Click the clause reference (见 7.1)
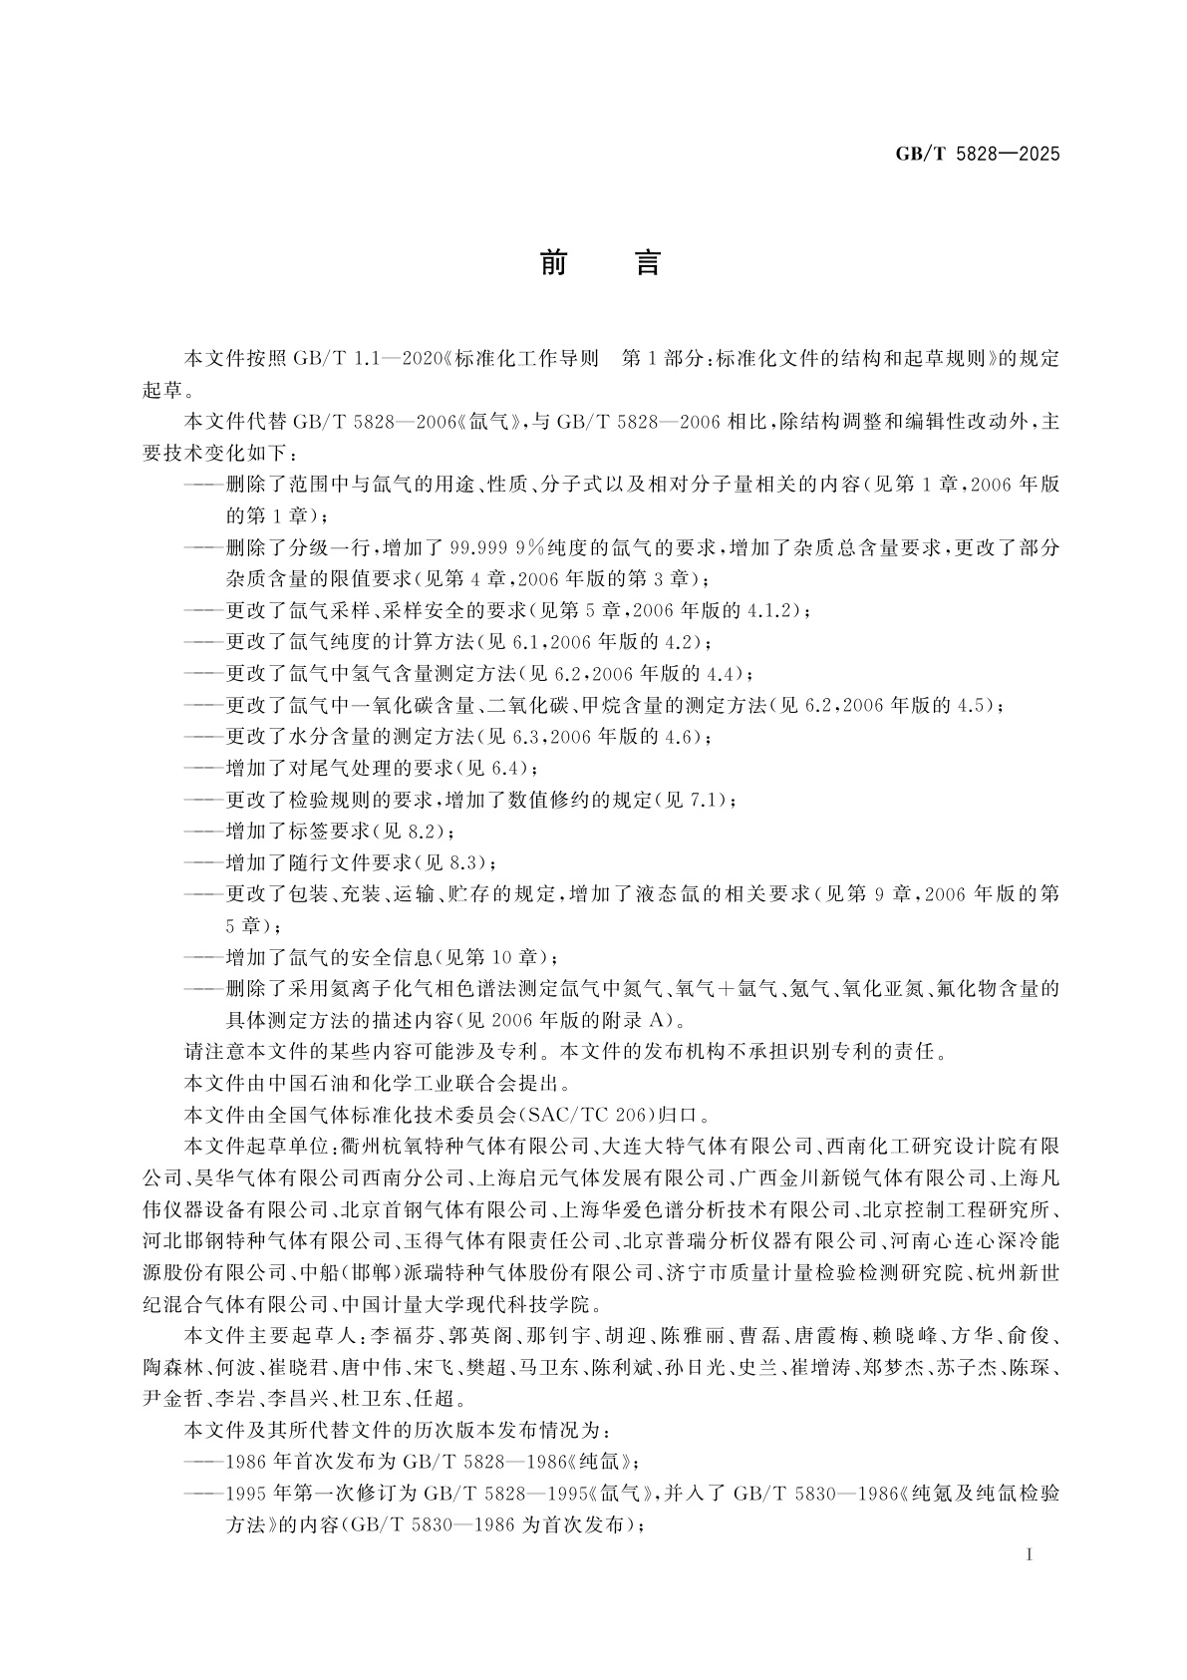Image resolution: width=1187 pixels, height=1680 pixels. coord(695,800)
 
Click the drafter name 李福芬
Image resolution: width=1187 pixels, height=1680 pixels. coord(400,1335)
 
